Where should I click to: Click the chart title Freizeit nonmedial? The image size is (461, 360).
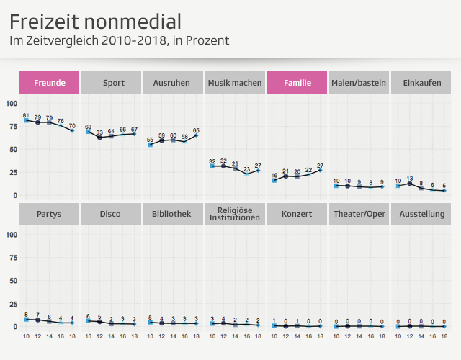(x=95, y=21)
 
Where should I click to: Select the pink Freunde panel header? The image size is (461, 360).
(x=49, y=83)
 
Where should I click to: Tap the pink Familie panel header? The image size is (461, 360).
(x=297, y=83)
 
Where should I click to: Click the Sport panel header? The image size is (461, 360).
(x=111, y=83)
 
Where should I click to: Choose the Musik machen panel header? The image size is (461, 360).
(x=235, y=83)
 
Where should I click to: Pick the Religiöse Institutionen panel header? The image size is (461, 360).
(x=235, y=214)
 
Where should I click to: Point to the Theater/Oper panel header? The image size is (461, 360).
(x=359, y=214)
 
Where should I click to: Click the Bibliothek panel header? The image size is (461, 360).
(x=173, y=214)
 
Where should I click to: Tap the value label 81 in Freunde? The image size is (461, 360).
(x=26, y=115)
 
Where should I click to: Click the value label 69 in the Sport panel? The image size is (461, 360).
(x=88, y=127)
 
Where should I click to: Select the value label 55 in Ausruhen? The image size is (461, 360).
(x=150, y=140)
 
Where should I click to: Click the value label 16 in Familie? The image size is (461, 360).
(x=274, y=175)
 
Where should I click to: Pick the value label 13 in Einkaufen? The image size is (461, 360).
(x=410, y=178)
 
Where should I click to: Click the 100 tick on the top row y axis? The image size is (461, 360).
(x=11, y=103)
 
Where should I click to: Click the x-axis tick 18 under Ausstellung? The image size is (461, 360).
(x=444, y=336)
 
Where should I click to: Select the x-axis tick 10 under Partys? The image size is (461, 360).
(x=26, y=336)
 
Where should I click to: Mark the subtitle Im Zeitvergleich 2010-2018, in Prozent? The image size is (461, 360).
(x=119, y=41)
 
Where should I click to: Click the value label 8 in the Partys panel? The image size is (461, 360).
(x=26, y=315)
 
